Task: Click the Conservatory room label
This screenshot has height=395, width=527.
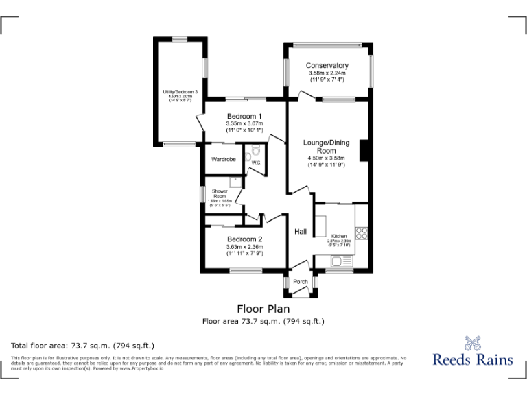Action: pyautogui.click(x=327, y=66)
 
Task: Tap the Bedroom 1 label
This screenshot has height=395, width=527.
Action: pyautogui.click(x=244, y=116)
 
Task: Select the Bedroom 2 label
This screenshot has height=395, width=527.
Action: pyautogui.click(x=245, y=239)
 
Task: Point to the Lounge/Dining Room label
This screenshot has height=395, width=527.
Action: pyautogui.click(x=326, y=147)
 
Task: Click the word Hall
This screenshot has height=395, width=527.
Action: pyautogui.click(x=301, y=232)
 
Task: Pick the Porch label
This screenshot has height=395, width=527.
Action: pyautogui.click(x=301, y=282)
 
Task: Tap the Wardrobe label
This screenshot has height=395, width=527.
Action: pyautogui.click(x=223, y=160)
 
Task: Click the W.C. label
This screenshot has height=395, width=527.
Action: pyautogui.click(x=255, y=163)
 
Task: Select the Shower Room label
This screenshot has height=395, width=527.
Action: pyautogui.click(x=220, y=193)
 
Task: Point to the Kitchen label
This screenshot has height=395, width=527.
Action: pyautogui.click(x=340, y=236)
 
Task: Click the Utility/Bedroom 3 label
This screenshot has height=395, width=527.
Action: pyautogui.click(x=180, y=92)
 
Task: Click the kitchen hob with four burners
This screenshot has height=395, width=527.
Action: pyautogui.click(x=362, y=232)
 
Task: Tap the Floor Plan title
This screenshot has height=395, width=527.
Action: pyautogui.click(x=263, y=309)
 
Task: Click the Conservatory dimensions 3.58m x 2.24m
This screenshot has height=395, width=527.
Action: pyautogui.click(x=327, y=73)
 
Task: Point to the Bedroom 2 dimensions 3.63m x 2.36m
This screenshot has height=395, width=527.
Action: pyautogui.click(x=245, y=247)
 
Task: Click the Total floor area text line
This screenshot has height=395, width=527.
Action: pyautogui.click(x=83, y=345)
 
